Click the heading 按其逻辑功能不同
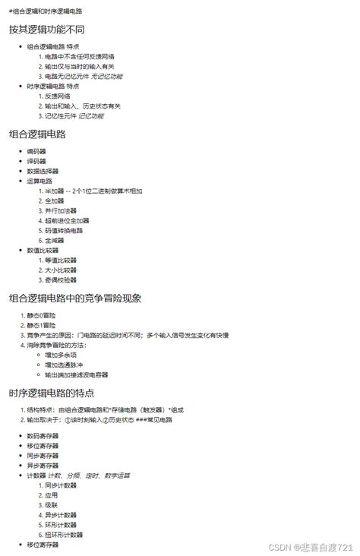click(46, 30)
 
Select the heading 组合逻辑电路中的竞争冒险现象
click(75, 298)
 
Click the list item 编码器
click(36, 152)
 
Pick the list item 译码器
click(36, 162)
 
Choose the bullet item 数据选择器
click(43, 172)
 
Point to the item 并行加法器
click(61, 210)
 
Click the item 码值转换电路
click(64, 230)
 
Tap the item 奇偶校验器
click(61, 280)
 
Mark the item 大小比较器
click(61, 270)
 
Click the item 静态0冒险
click(41, 315)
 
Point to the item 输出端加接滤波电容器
click(76, 374)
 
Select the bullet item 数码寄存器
click(43, 436)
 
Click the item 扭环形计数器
click(64, 534)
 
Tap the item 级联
click(51, 504)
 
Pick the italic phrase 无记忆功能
click(106, 76)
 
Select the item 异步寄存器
click(43, 465)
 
